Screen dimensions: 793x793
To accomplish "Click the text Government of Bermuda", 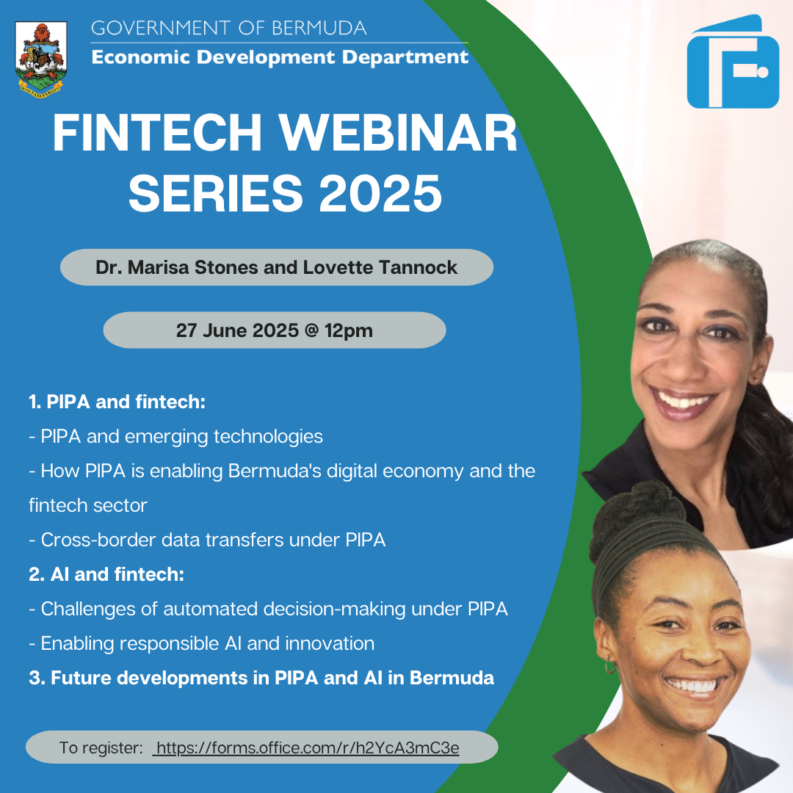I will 228,29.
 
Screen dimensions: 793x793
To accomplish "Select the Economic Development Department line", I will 280,57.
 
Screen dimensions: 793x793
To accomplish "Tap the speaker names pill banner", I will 276,267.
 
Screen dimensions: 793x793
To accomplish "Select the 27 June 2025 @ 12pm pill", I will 274,330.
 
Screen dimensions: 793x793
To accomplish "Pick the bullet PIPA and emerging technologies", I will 176,436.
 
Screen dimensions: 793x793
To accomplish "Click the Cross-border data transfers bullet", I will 207,540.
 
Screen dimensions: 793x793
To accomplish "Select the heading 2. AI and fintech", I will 106,574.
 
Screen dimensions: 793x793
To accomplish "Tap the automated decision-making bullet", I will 269,609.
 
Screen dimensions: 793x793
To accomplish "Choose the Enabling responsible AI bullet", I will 202,643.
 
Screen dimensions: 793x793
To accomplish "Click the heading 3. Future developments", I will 261,678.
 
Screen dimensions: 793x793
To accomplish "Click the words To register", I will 101,748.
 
